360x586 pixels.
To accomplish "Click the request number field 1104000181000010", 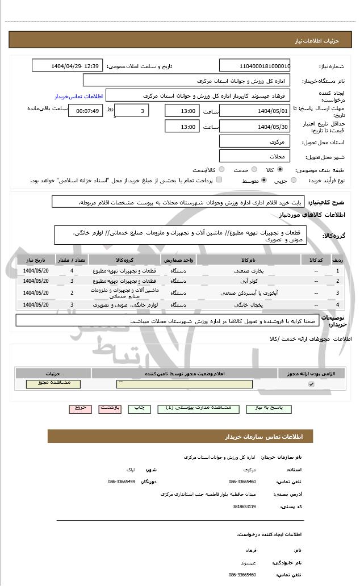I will click(254, 66).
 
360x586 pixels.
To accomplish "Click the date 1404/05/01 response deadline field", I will click(254, 111).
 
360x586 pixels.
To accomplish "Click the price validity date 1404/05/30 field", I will click(254, 127).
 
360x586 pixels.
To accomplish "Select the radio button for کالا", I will click(280, 169).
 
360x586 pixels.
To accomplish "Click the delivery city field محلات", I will click(254, 156).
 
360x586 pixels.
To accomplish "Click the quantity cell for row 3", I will click(72, 293).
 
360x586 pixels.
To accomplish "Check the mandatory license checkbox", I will click(311, 384).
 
